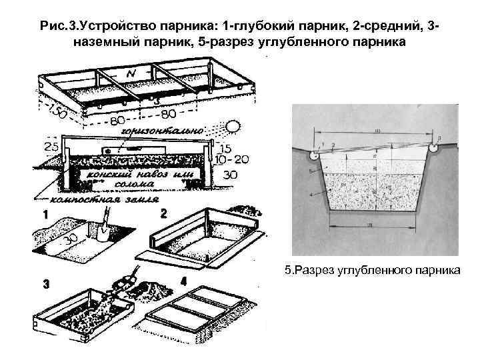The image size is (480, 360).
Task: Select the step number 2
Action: click(164, 214)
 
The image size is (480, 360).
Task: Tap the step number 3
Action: click(46, 284)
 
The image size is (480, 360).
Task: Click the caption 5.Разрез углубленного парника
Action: click(371, 271)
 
